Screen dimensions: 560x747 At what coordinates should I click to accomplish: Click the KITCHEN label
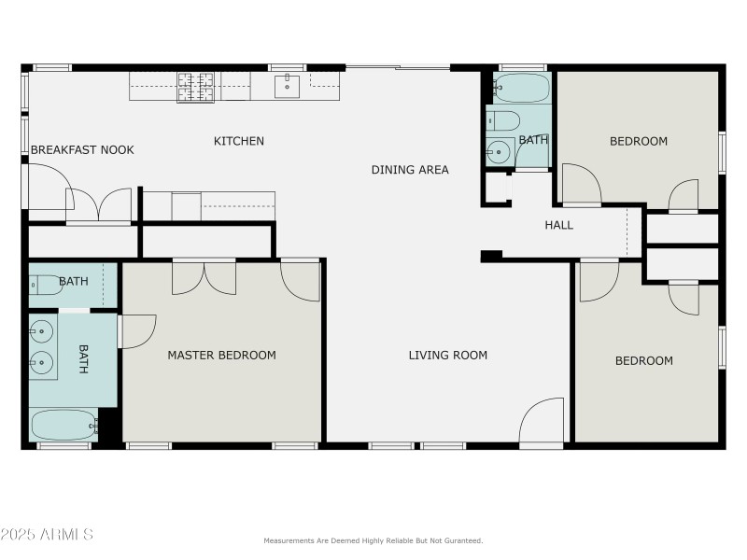pyautogui.click(x=239, y=141)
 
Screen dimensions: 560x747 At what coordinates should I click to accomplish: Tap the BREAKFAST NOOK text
pyautogui.click(x=82, y=149)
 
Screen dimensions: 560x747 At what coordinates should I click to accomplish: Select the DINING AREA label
pyautogui.click(x=410, y=169)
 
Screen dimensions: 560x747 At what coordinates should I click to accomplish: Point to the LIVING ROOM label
pyautogui.click(x=448, y=355)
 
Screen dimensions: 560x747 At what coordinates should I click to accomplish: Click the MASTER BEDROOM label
pyautogui.click(x=221, y=355)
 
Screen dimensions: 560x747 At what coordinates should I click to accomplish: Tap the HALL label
pyautogui.click(x=559, y=225)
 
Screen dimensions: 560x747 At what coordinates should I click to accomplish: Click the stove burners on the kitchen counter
pyautogui.click(x=196, y=86)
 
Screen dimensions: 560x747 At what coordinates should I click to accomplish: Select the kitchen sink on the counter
pyautogui.click(x=287, y=87)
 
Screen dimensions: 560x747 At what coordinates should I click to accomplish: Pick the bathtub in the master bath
pyautogui.click(x=63, y=426)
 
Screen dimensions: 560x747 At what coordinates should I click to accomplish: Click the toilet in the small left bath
pyautogui.click(x=45, y=286)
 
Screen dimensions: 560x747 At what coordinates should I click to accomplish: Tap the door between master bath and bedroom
pyautogui.click(x=136, y=331)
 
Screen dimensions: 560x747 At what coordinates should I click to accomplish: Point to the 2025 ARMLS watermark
pyautogui.click(x=47, y=535)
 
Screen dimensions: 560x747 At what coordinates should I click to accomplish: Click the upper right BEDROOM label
pyautogui.click(x=639, y=141)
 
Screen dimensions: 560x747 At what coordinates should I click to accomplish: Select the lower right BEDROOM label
pyautogui.click(x=643, y=360)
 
